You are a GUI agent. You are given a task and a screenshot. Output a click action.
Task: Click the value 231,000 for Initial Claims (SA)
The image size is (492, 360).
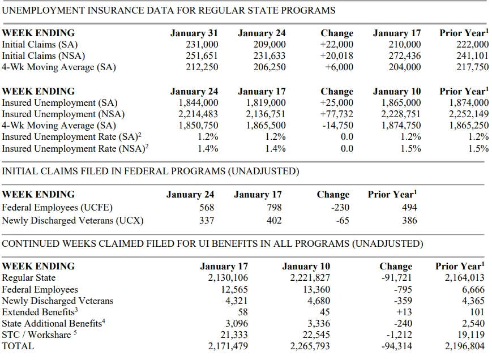[x=202, y=45]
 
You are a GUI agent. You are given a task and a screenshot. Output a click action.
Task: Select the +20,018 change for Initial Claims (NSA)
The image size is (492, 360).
[x=336, y=56]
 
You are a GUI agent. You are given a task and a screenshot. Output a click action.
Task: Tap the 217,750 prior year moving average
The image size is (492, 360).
[x=472, y=67]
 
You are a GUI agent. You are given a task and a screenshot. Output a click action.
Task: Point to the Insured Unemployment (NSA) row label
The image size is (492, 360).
[x=63, y=114]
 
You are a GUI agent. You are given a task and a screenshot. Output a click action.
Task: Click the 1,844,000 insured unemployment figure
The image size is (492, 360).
[x=198, y=103]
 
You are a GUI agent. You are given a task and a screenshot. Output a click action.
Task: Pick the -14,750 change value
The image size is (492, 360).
[x=337, y=126]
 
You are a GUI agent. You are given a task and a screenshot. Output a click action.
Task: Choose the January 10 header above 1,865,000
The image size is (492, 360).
[x=397, y=91]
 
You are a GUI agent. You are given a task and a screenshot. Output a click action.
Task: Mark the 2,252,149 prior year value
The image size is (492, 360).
[x=468, y=114]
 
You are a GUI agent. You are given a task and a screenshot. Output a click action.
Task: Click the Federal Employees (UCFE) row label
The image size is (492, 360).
[x=57, y=208]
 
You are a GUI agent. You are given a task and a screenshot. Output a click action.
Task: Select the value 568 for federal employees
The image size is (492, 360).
[x=207, y=207]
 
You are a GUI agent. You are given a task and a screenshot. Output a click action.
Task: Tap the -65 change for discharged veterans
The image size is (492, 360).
[x=343, y=220]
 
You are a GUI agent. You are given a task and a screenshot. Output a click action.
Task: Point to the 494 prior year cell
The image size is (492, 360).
[x=409, y=207]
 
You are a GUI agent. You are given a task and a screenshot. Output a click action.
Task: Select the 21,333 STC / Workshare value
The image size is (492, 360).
[x=234, y=335]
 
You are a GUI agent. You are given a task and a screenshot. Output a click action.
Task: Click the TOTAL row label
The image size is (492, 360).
[x=18, y=346]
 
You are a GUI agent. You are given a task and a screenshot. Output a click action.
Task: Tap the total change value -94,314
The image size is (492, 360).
[x=397, y=346]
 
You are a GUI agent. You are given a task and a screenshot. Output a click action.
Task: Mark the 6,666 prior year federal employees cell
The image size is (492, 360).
[x=473, y=289]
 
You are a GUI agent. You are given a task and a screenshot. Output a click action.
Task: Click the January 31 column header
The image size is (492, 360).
[x=194, y=33]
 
